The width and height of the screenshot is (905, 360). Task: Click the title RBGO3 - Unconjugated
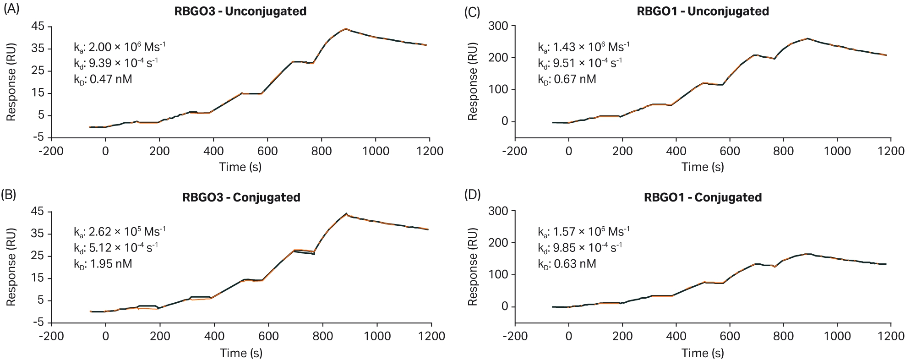point(240,11)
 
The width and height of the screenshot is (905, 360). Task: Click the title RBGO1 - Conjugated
point(703,197)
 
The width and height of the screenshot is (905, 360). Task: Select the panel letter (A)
point(11,10)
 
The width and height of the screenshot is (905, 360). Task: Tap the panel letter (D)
point(472,195)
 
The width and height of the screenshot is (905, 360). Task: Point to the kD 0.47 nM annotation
point(103,79)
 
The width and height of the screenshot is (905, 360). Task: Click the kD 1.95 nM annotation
point(103,264)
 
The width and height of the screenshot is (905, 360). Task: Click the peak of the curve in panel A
point(346,29)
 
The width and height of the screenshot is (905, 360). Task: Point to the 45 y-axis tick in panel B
point(38,212)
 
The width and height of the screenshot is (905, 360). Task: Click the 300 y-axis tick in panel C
point(498,26)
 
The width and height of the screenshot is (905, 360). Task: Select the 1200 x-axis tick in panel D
point(891,336)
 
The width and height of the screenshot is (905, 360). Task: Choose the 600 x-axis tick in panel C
point(730,151)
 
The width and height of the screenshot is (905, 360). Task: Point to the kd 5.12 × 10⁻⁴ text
point(116,248)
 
